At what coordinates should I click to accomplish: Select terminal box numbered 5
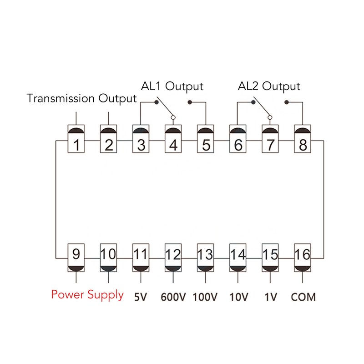coord(206,139)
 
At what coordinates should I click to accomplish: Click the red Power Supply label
coord(87,295)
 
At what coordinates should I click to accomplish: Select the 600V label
coord(173,297)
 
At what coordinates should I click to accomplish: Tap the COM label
coord(303,297)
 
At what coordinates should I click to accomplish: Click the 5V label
coord(141,297)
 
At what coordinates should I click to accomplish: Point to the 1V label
coord(271,297)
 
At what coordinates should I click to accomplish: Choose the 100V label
coord(205,297)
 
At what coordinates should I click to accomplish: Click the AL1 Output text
coord(172,86)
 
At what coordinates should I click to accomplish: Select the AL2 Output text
coord(269,86)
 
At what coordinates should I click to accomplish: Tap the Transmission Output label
coord(81,98)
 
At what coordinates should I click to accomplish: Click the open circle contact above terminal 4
coord(173,117)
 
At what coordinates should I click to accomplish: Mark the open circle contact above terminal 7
coord(270,117)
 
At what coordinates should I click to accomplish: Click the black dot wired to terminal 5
coord(190,102)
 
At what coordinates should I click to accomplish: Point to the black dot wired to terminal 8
coord(287,102)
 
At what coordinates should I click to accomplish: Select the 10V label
coord(238,297)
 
